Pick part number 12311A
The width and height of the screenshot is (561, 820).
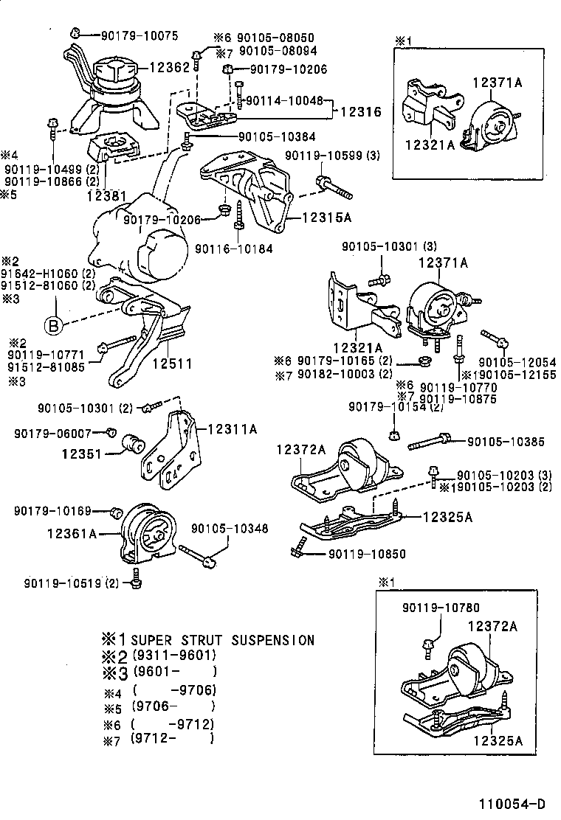232,428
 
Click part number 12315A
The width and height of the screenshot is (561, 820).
326,218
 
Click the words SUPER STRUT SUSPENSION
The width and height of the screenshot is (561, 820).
222,640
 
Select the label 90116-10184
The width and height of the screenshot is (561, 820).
233,249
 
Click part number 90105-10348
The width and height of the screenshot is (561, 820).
230,529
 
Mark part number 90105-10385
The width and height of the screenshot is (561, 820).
506,442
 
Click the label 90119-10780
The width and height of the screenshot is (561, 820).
441,608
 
